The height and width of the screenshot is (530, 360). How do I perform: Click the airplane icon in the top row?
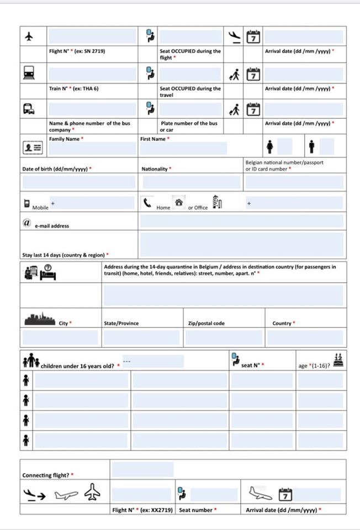click(x=29, y=36)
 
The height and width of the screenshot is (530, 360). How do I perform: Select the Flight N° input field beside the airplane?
click(x=92, y=36)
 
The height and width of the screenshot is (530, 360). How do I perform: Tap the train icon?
click(x=29, y=72)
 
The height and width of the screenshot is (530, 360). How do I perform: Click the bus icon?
click(x=29, y=109)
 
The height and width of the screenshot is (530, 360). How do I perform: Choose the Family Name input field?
click(x=92, y=149)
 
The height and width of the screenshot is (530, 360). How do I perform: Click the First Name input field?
click(x=183, y=149)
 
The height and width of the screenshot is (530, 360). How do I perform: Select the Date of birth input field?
click(x=78, y=182)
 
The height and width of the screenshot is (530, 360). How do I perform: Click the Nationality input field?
click(x=190, y=182)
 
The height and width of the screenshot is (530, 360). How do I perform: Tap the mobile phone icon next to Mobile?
click(x=27, y=203)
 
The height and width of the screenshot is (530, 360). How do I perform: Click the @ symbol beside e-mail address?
click(x=26, y=222)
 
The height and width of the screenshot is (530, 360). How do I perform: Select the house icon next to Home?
click(x=178, y=203)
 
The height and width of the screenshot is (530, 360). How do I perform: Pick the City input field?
click(x=60, y=337)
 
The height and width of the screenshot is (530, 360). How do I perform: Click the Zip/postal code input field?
click(x=224, y=337)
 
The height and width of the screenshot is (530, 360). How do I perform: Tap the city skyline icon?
click(x=40, y=319)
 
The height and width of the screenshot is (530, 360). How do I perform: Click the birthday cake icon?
click(x=339, y=360)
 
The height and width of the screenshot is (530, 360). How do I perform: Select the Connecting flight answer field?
click(x=142, y=470)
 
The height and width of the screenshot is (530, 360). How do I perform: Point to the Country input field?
click(x=305, y=337)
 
